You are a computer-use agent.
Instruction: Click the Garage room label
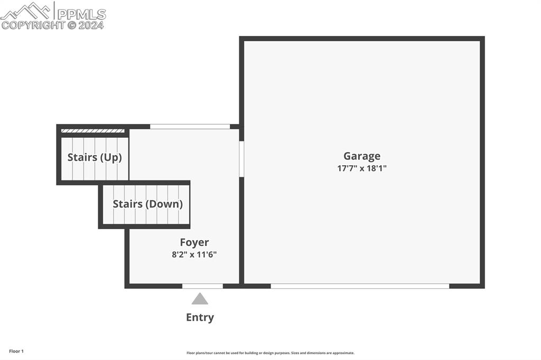(x=362, y=156)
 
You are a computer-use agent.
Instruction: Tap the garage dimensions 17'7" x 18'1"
(x=362, y=168)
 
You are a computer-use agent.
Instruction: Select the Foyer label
(x=194, y=242)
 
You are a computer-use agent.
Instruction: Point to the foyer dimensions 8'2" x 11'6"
(x=194, y=254)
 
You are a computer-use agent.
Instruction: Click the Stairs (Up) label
(x=95, y=157)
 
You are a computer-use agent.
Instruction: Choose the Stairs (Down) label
(x=148, y=204)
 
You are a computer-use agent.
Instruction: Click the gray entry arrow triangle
(x=200, y=299)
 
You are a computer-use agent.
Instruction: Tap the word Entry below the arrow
(x=200, y=317)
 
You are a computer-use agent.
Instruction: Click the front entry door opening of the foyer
(x=202, y=286)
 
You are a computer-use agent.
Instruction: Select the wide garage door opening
(x=360, y=286)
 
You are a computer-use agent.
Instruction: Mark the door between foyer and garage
(x=241, y=159)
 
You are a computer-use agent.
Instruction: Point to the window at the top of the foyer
(x=190, y=127)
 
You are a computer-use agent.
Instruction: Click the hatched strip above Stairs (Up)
(x=92, y=131)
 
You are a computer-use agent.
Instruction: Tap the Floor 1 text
(x=16, y=352)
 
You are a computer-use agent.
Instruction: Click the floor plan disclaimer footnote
(x=270, y=353)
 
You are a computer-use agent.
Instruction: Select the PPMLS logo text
(x=81, y=14)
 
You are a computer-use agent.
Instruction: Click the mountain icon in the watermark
(x=26, y=11)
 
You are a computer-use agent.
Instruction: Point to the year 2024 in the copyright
(x=91, y=25)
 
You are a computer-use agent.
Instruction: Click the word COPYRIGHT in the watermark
(x=33, y=25)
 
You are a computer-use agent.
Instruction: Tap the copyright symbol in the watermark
(x=72, y=25)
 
